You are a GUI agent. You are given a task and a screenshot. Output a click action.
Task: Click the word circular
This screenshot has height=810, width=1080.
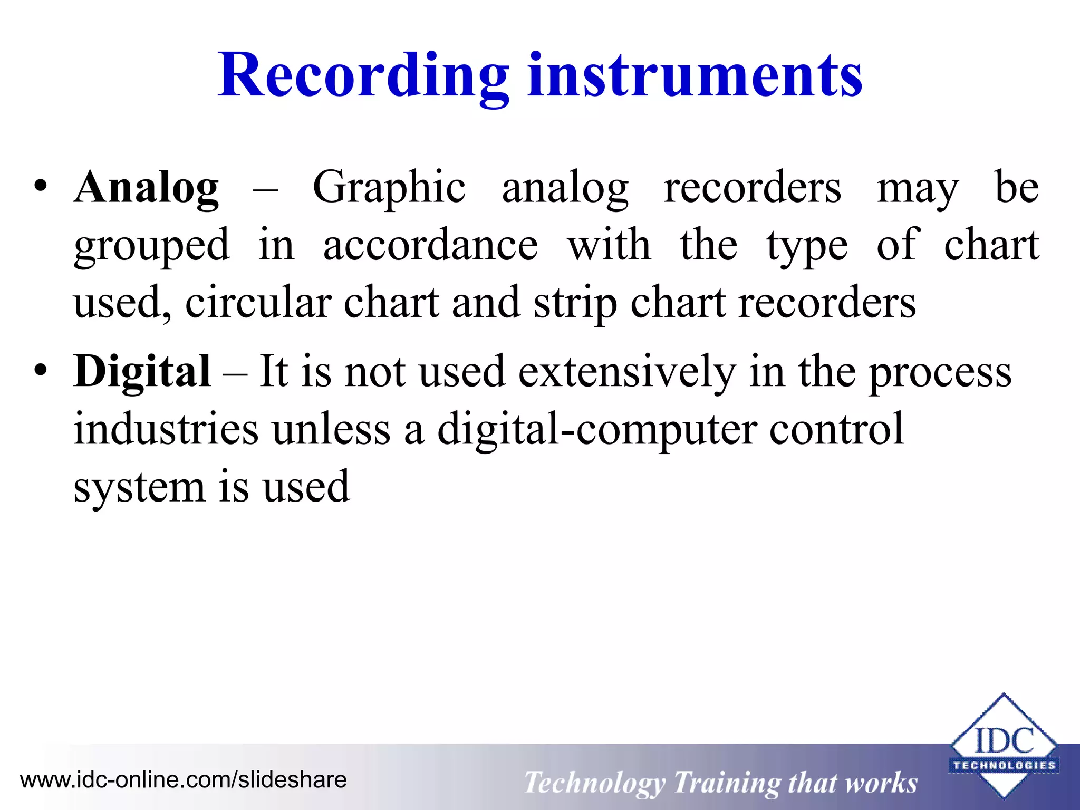[258, 303]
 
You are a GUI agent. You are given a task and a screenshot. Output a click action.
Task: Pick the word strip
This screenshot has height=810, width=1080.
[575, 304]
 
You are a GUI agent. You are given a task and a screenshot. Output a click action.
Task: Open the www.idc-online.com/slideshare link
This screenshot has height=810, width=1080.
[183, 779]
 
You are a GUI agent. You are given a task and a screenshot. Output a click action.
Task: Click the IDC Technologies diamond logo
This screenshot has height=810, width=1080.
[1004, 745]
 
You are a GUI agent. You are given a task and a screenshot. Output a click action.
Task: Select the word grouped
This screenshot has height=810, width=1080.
[152, 246]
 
